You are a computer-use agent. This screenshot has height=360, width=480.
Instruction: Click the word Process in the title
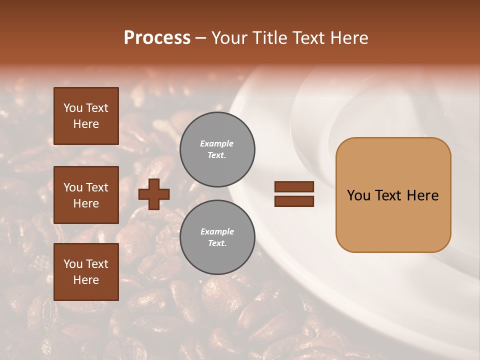tap(157, 38)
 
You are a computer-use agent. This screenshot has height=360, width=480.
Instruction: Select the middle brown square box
tap(86, 195)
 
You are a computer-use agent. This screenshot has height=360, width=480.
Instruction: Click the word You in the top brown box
tap(73, 108)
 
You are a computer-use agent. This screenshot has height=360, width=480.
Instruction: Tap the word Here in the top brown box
tap(86, 124)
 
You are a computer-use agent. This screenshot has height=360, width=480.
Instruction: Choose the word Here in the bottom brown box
tap(86, 280)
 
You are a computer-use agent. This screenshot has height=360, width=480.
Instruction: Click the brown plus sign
tap(153, 194)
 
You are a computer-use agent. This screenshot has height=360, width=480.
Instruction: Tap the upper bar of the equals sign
tap(294, 186)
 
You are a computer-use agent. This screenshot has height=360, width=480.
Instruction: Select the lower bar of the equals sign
tap(294, 201)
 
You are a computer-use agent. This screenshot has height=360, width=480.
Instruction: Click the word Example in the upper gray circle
tap(217, 143)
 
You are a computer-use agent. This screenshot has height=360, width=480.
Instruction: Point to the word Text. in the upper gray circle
tap(217, 155)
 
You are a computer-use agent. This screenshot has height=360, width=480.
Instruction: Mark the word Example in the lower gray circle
tap(217, 231)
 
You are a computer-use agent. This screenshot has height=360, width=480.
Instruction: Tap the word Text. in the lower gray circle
tap(217, 243)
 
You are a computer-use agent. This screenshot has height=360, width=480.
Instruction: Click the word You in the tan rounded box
tap(358, 195)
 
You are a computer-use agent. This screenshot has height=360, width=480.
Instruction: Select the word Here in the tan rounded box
tap(422, 195)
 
